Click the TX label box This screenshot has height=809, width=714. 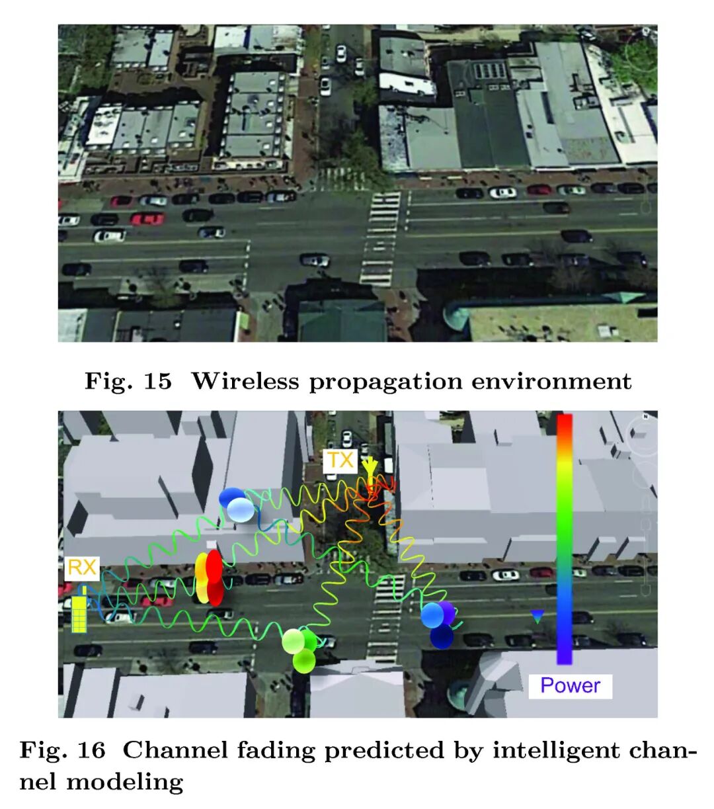click(340, 460)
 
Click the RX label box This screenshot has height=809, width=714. click(82, 568)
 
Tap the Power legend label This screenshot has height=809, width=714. click(570, 685)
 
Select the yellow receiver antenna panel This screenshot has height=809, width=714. click(79, 614)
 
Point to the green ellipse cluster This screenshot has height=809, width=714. click(300, 648)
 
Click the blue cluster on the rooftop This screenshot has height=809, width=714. click(236, 505)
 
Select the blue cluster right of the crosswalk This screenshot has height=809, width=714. click(438, 622)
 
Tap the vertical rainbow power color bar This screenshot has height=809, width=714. click(564, 538)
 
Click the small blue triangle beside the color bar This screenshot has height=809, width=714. click(537, 617)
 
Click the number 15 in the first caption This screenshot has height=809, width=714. click(157, 381)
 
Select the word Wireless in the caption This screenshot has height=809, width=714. click(245, 381)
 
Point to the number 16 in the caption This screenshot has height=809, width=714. click(91, 750)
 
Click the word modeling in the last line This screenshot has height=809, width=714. click(124, 782)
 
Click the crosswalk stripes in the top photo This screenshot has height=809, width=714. click(382, 238)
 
